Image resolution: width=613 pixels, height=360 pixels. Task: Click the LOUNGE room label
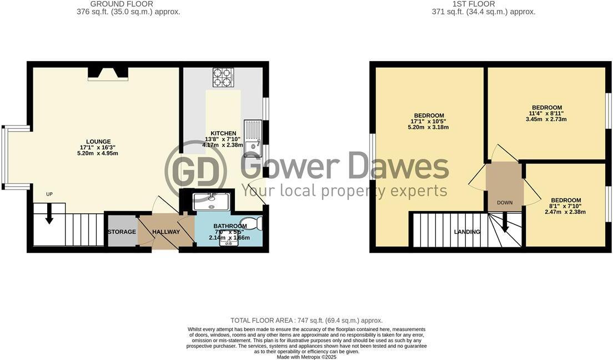[x=98, y=141]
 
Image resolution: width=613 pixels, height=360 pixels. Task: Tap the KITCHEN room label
[x=223, y=133]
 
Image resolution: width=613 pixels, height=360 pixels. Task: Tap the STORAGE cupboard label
[x=122, y=232]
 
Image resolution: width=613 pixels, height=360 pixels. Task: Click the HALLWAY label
[x=166, y=232]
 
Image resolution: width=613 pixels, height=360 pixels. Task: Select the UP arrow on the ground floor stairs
[x=49, y=213]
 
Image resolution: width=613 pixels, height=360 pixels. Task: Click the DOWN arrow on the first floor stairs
[x=505, y=224]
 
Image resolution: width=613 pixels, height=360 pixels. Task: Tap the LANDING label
[x=467, y=232]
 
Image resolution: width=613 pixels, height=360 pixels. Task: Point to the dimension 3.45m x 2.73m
[x=546, y=120]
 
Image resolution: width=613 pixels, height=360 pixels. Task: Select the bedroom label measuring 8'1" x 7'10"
[x=566, y=200]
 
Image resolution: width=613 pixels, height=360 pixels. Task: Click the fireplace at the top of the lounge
[x=108, y=74]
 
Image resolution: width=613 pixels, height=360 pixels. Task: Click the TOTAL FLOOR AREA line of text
[x=306, y=321]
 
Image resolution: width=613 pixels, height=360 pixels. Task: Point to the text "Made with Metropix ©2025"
[x=306, y=357]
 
